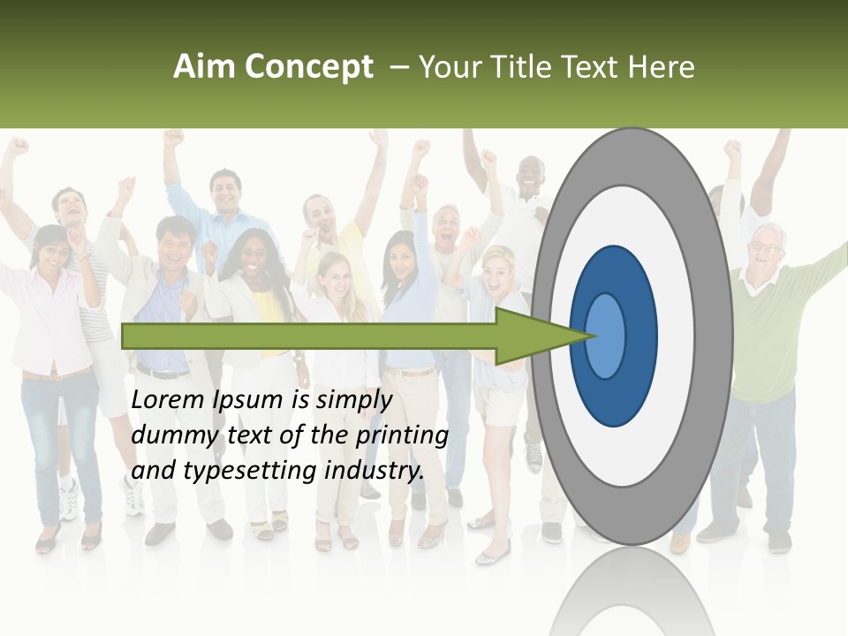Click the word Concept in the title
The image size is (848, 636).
tap(309, 67)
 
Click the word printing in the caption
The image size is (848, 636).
tap(403, 435)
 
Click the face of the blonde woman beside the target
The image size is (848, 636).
tap(498, 269)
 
